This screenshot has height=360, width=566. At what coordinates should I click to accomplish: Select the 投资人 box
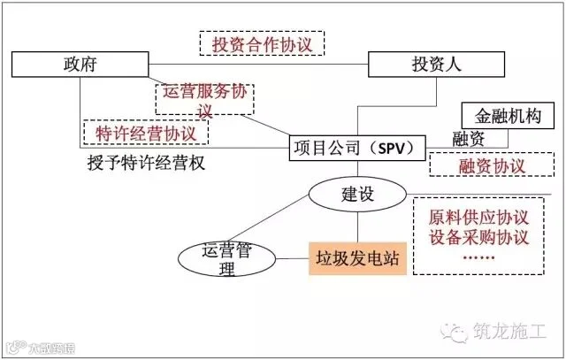tap(427, 65)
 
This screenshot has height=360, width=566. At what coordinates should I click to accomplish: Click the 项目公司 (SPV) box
tap(357, 146)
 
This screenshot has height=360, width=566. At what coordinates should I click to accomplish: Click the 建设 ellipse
tap(357, 194)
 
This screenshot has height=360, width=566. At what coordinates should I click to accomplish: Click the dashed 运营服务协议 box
tap(203, 98)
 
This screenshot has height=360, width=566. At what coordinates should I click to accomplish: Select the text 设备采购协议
tap(478, 238)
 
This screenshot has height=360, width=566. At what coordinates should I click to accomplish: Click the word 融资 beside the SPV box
tap(467, 139)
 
